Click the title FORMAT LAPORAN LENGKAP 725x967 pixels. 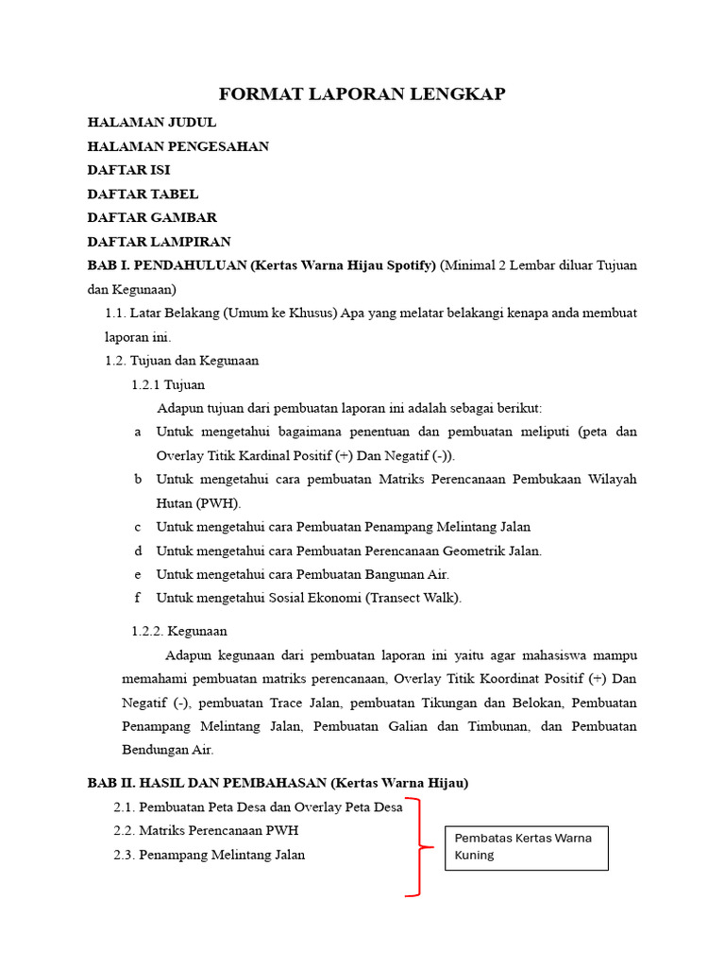pos(362,93)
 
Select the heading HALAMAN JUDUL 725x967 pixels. pos(152,122)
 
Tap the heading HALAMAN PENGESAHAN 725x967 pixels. pos(178,146)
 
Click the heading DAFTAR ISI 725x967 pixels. pos(128,170)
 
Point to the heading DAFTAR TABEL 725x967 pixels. pos(143,194)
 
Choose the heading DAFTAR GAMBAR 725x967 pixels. pos(152,217)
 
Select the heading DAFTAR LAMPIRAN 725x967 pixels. pos(159,242)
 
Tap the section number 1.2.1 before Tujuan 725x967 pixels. pos(146,384)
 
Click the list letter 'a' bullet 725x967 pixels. pos(138,432)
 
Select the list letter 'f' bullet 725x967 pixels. pos(138,598)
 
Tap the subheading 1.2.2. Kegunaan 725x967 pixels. pos(178,631)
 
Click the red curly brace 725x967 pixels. pos(417,847)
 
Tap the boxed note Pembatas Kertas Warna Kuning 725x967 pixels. pos(526,847)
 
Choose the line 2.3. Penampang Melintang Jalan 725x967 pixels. pos(209,855)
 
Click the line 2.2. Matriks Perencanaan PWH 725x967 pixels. pos(206,831)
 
